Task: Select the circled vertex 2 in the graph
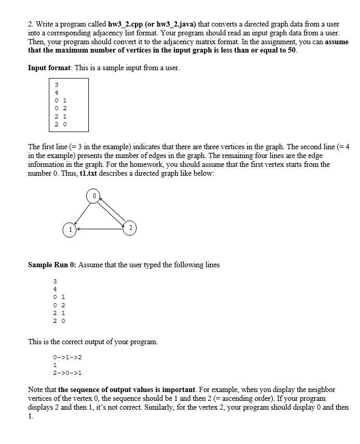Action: pyautogui.click(x=130, y=227)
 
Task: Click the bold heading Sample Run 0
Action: pyautogui.click(x=52, y=265)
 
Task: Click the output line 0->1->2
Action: pyautogui.click(x=68, y=358)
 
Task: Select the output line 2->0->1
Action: pyautogui.click(x=68, y=373)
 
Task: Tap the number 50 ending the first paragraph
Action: pyautogui.click(x=291, y=50)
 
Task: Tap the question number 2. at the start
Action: pyautogui.click(x=31, y=24)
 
